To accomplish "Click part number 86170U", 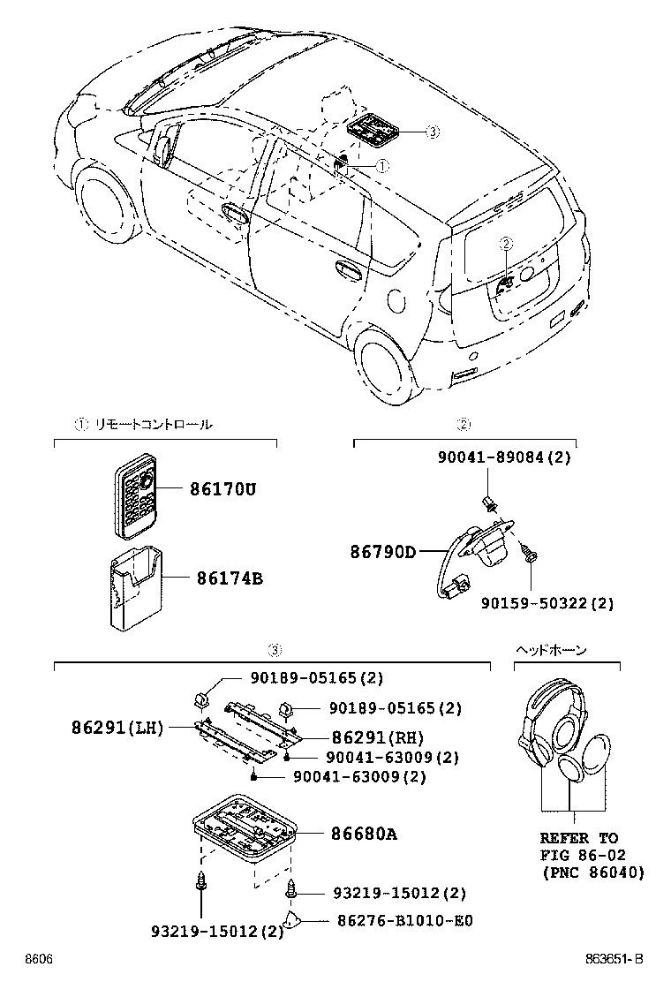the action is [222, 489].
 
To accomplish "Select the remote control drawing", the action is [135, 495].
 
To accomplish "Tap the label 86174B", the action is [230, 578].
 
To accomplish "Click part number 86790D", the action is [383, 552].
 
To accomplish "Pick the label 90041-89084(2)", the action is [504, 457].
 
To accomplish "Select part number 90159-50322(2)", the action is [547, 603].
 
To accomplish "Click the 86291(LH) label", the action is [117, 728].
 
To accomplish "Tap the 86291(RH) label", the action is [378, 737].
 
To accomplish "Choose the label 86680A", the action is [365, 835].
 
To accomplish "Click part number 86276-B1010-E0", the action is [405, 920].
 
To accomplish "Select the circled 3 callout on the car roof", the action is [433, 132].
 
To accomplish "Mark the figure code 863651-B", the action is [614, 959].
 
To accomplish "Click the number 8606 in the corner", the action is [38, 959].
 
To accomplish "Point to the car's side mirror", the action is [165, 149].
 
